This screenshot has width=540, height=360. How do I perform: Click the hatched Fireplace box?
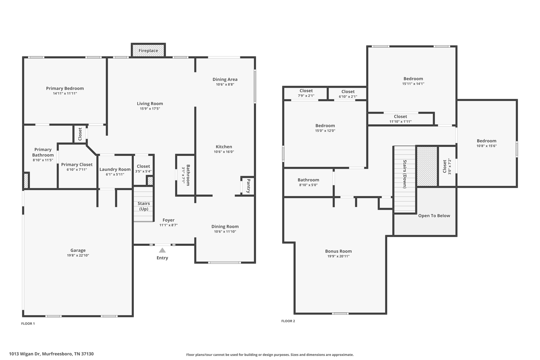click(148, 50)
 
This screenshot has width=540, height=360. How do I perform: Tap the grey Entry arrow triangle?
click(162, 250)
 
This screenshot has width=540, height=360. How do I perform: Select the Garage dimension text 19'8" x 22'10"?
click(78, 255)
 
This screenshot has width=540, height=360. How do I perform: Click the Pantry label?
click(248, 186)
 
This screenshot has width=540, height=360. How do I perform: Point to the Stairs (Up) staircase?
click(143, 204)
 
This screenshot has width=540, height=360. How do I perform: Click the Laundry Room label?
click(115, 169)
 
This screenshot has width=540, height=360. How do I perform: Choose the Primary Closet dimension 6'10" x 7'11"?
click(77, 170)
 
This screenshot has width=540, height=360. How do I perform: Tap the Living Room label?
click(150, 104)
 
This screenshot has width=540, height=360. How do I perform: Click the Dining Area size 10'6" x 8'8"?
click(225, 84)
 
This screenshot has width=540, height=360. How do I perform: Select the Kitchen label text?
click(224, 147)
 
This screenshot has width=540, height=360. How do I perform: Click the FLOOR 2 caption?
click(288, 321)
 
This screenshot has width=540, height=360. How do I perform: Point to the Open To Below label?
click(434, 216)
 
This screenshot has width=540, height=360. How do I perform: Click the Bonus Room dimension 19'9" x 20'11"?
click(338, 256)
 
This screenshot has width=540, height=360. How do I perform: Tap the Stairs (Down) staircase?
click(404, 179)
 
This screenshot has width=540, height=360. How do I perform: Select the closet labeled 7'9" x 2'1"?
click(306, 93)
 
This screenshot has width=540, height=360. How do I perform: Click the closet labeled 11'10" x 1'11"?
click(400, 119)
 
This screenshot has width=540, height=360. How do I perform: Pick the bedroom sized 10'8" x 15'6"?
click(486, 143)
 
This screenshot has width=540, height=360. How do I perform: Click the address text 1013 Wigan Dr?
click(51, 354)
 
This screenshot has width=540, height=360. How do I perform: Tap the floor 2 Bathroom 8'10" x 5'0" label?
click(308, 182)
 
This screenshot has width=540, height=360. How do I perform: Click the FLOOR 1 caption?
click(28, 324)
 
